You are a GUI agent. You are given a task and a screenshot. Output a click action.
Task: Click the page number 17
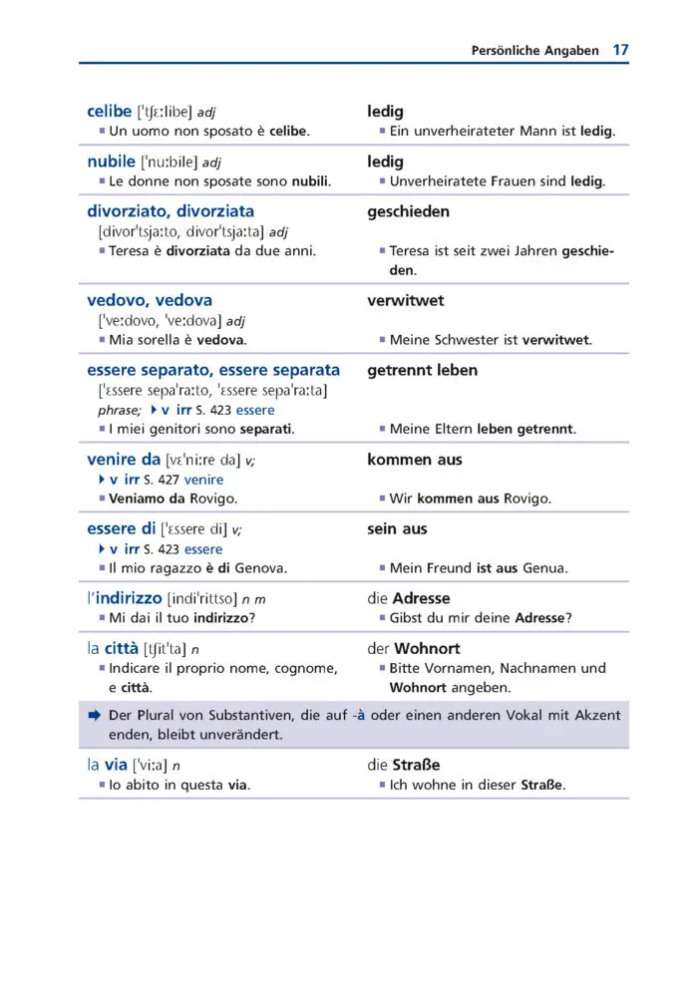620,49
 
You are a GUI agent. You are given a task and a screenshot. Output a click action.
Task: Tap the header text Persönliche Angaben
534,50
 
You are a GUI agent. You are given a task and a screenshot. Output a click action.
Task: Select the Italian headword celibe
110,111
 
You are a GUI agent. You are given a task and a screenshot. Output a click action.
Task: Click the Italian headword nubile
111,161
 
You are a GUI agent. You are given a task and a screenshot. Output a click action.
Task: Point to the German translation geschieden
408,211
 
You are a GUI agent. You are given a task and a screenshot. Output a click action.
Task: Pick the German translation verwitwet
406,300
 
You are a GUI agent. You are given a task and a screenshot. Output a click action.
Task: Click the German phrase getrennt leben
422,370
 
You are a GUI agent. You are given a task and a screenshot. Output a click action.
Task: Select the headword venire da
124,460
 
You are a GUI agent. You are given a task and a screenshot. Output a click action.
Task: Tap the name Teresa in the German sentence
411,250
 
